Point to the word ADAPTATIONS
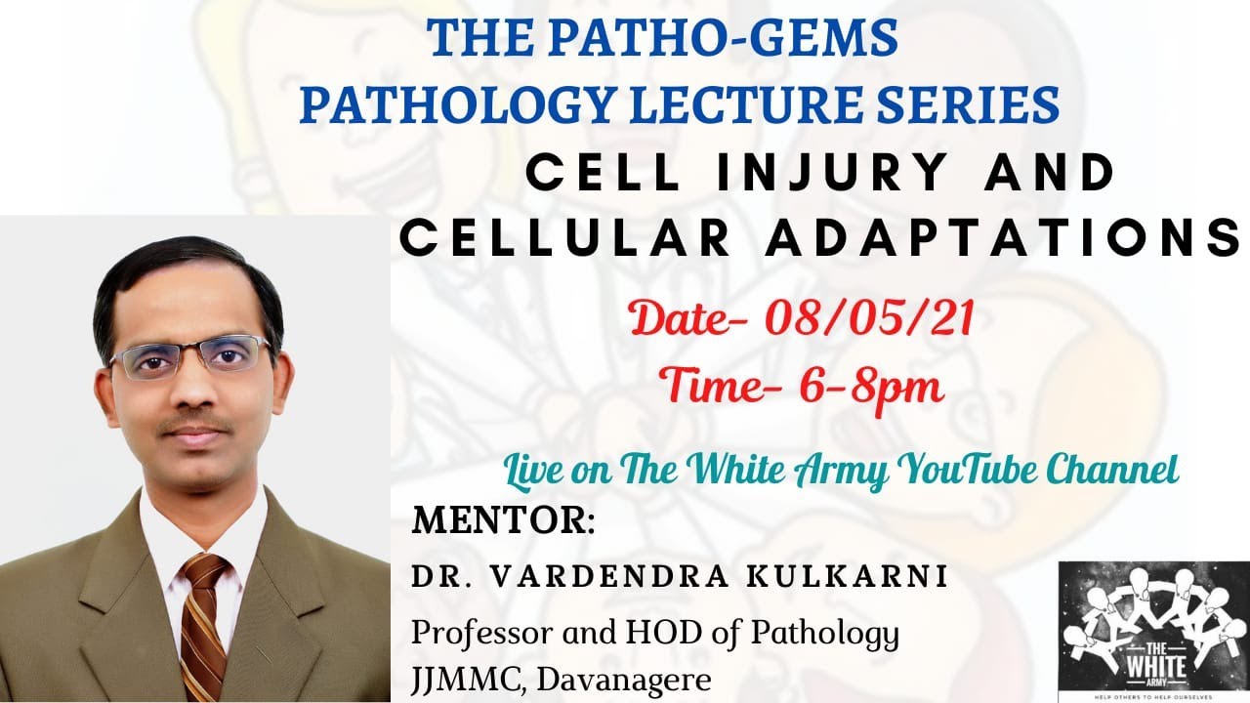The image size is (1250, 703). tap(1002, 239)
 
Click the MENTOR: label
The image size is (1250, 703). tap(503, 520)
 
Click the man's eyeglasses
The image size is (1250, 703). tap(190, 356)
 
